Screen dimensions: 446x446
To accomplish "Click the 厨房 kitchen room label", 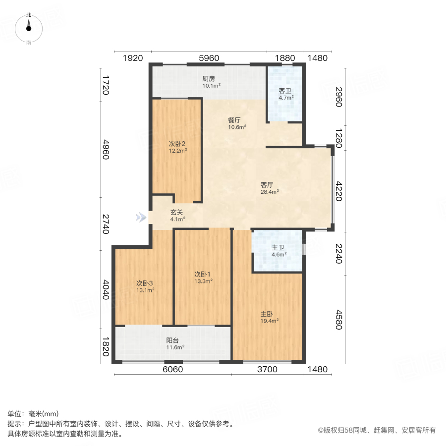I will coord(209,78).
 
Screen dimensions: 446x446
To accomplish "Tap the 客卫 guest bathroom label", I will coord(285,91).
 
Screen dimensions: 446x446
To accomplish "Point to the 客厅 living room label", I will coord(268,185).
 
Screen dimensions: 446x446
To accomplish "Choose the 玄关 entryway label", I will coord(177,212).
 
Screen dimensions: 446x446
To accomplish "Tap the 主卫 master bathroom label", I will coord(278,248).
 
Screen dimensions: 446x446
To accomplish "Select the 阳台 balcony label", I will coord(172,340).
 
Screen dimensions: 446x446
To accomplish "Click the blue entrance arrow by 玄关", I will coord(142,217).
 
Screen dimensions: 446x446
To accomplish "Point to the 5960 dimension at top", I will coord(209,58).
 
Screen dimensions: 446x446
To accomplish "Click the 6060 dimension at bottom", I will coord(172,369).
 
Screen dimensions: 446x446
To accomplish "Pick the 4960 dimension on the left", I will coord(106,149).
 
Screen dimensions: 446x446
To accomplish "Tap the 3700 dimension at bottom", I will coord(267,369).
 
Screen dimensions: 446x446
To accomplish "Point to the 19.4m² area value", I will coord(270,321).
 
